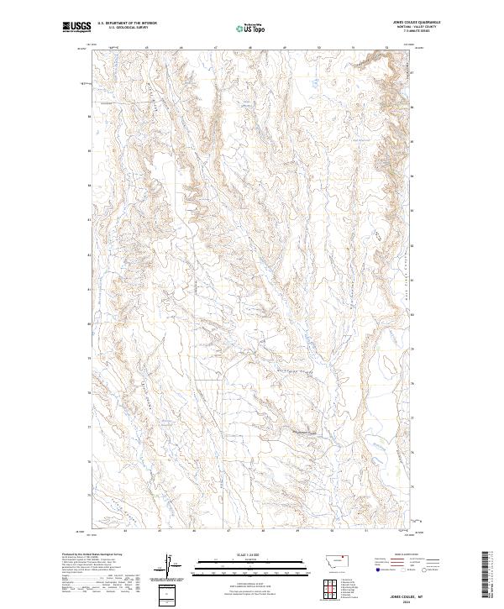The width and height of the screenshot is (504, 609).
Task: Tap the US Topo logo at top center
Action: [x=252, y=28]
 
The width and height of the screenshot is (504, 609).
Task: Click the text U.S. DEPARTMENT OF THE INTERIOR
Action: [x=127, y=24]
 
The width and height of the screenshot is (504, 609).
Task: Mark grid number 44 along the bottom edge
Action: [x=124, y=531]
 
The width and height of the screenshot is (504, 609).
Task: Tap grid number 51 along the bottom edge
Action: [x=367, y=531]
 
